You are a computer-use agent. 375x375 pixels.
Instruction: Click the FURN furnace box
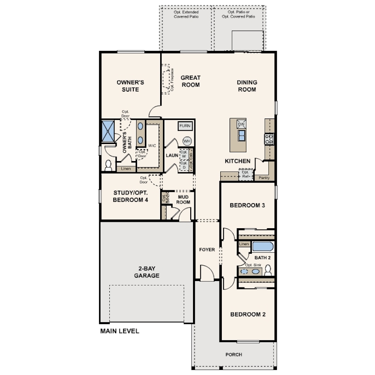[185, 126]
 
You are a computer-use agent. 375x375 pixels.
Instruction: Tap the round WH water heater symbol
[187, 141]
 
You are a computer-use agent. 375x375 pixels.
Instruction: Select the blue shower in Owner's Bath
[108, 131]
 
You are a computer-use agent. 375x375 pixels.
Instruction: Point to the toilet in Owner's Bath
[109, 165]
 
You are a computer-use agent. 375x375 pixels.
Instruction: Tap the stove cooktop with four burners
[269, 138]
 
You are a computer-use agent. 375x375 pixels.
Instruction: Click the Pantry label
[264, 177]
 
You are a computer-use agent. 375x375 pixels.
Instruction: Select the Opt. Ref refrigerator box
[246, 175]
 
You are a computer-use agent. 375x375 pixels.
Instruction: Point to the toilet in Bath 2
[267, 271]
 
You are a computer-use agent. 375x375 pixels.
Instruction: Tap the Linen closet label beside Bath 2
[244, 244]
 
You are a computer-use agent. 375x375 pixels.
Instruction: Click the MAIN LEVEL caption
[119, 331]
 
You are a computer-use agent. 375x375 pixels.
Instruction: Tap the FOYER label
[207, 250]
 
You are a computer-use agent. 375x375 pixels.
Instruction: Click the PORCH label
[234, 355]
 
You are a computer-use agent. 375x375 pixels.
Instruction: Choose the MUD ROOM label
[183, 199]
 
